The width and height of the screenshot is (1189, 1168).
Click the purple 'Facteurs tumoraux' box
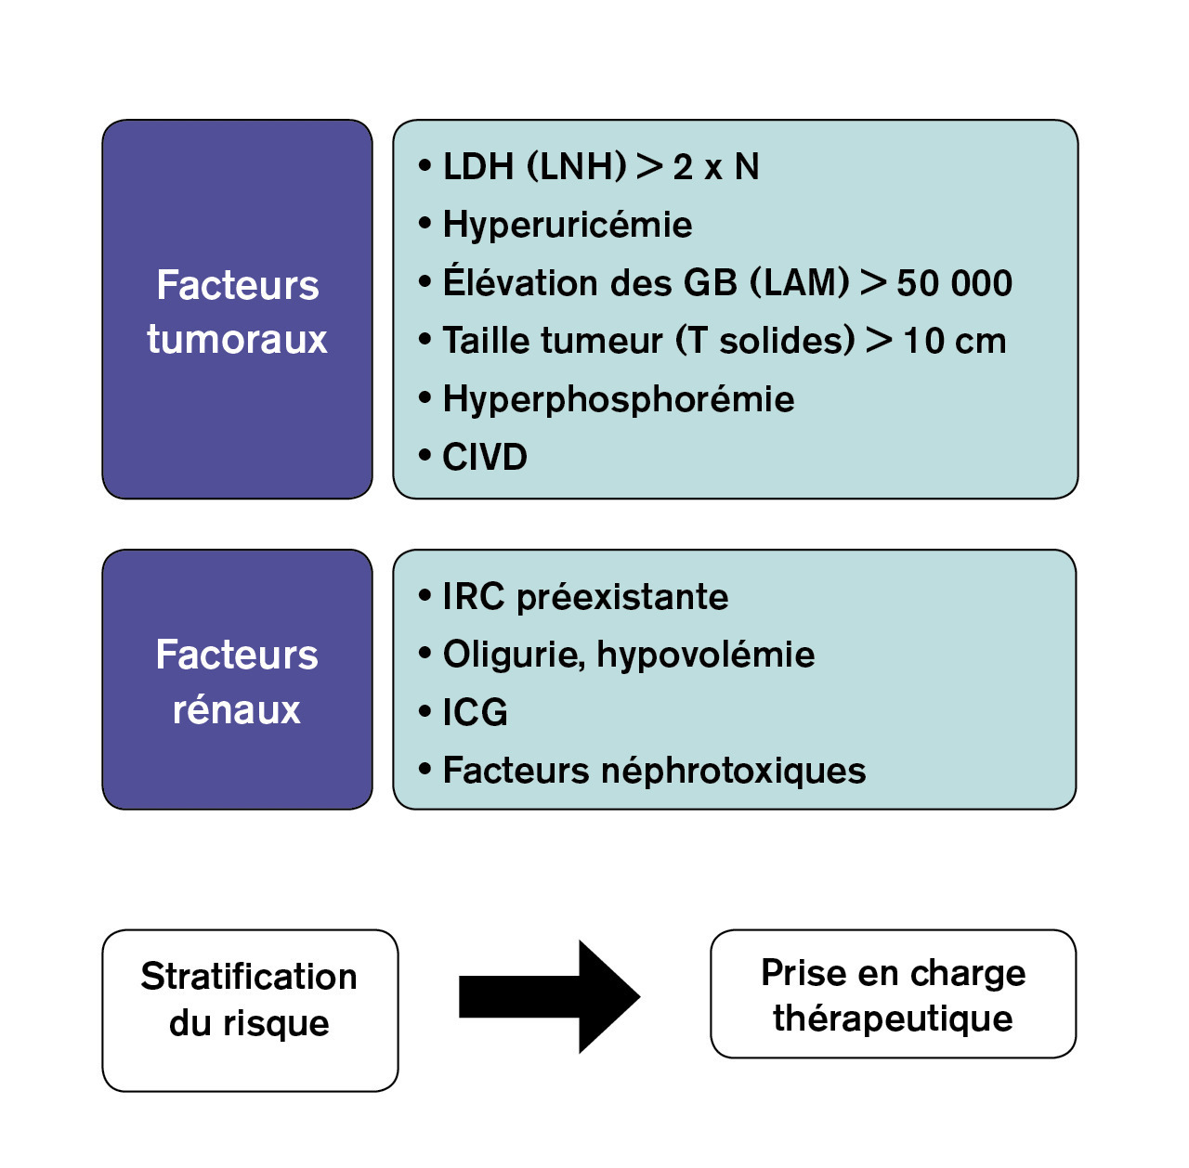(237, 309)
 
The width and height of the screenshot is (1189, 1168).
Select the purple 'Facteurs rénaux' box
(237, 680)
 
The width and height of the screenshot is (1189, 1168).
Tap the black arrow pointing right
(550, 996)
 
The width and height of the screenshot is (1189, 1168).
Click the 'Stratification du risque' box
(250, 1010)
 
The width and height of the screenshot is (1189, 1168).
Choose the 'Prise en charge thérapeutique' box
(893, 993)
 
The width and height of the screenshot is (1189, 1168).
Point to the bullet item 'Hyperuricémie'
(567, 225)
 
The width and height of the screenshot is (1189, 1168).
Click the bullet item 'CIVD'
(484, 457)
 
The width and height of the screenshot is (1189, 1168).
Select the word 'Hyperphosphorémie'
(618, 399)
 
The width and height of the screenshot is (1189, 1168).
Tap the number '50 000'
(954, 283)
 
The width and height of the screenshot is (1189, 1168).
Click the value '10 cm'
(954, 341)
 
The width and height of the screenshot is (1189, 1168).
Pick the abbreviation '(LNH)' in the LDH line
(577, 167)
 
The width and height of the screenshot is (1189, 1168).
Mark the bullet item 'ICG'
(475, 712)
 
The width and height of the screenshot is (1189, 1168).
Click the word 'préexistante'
(622, 597)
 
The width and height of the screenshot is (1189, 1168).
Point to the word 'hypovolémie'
(705, 655)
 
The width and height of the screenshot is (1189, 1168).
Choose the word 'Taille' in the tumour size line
(482, 341)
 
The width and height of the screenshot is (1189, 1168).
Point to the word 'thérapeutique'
(893, 1019)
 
